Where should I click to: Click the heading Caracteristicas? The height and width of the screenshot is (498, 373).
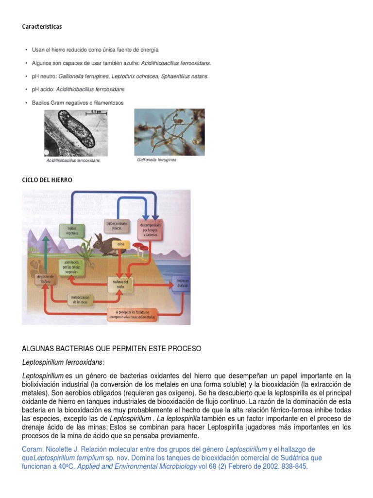coord(42,27)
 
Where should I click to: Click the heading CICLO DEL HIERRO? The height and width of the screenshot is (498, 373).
coord(47,180)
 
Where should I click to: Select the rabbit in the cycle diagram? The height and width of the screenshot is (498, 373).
coord(103,244)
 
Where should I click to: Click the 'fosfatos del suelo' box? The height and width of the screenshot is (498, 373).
coord(119,284)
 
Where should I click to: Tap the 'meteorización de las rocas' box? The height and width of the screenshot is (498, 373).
coord(80,299)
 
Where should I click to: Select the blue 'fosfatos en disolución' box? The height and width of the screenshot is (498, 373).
coord(182,284)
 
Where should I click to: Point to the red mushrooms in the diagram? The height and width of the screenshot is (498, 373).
coord(141,248)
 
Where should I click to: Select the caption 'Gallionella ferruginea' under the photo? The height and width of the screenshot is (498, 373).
coord(157,160)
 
